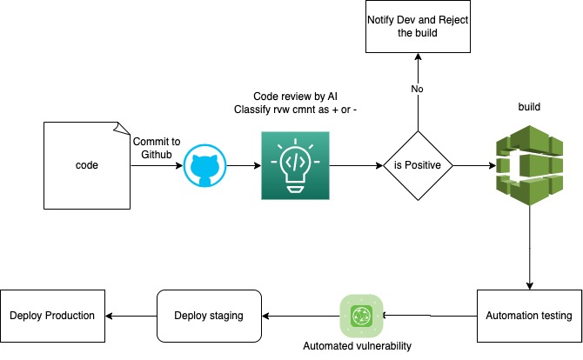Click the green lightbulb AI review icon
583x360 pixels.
click(295, 165)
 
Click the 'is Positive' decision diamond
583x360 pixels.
click(419, 165)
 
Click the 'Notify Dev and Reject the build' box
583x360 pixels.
click(419, 27)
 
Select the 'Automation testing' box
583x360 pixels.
click(529, 316)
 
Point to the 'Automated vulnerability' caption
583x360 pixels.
click(356, 346)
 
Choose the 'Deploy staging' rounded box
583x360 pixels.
click(210, 315)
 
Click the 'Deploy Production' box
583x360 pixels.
click(52, 315)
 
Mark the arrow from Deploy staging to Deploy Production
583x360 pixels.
click(131, 315)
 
